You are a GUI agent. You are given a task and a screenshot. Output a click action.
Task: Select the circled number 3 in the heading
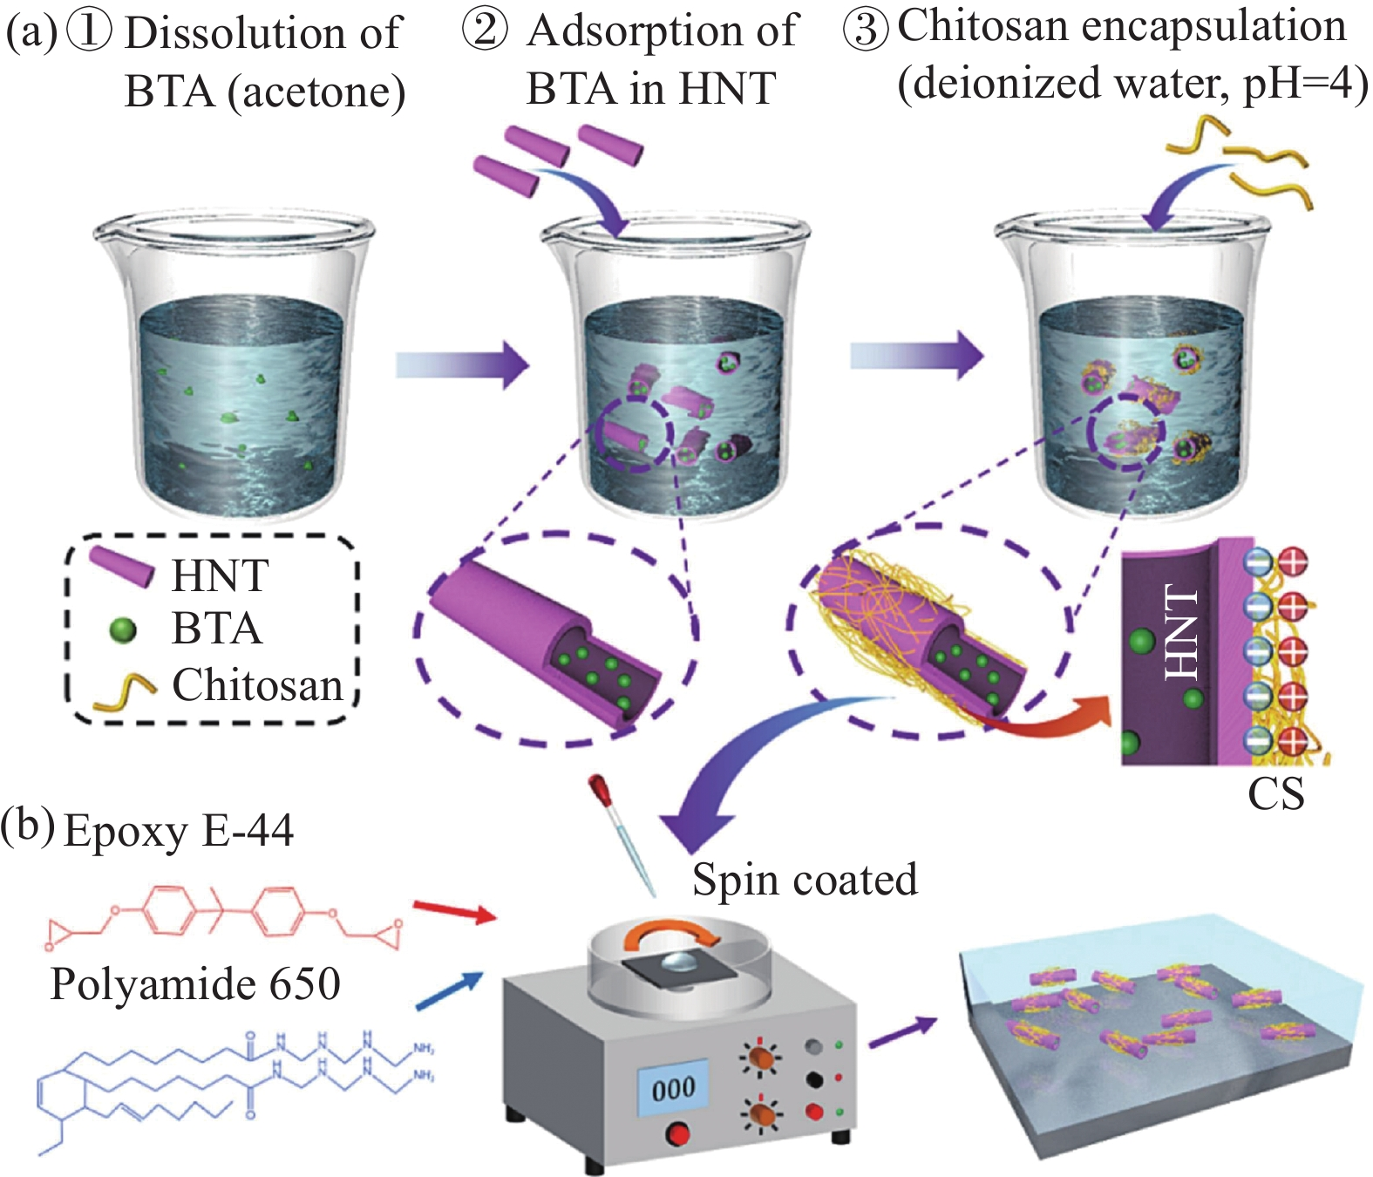[x=865, y=29]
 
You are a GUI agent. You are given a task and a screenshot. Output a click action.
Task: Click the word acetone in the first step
[x=316, y=92]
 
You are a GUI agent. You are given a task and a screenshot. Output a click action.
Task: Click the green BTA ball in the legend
[x=124, y=629]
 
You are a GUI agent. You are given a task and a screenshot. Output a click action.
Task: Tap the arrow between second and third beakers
[x=916, y=355]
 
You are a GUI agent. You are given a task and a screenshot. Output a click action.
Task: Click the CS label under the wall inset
[x=1275, y=794]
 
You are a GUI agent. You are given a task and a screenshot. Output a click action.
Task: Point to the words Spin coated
[x=805, y=879]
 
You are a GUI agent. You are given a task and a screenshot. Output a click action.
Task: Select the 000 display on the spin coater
[x=673, y=1088]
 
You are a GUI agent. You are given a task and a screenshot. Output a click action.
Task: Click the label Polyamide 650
[x=195, y=984]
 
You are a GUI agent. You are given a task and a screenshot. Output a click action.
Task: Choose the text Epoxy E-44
[x=179, y=830]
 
